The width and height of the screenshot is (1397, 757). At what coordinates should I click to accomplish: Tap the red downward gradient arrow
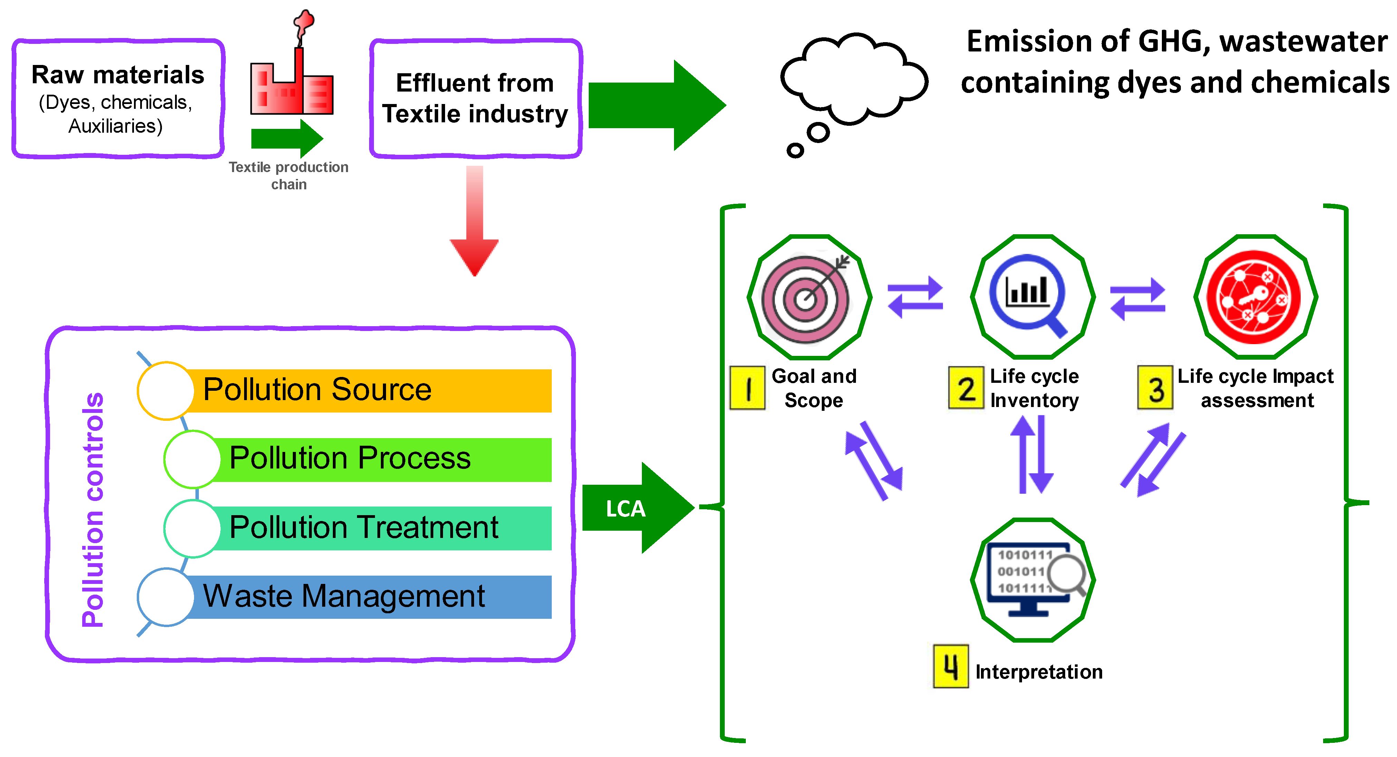[x=474, y=228]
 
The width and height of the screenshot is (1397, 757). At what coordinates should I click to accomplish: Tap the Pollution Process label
[x=350, y=458]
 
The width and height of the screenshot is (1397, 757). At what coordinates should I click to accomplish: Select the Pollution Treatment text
[x=363, y=528]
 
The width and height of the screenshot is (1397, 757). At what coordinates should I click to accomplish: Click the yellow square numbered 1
[x=747, y=388]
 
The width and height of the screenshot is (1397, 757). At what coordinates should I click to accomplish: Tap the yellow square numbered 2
[x=965, y=388]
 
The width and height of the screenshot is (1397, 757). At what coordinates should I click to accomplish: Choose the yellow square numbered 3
[x=1155, y=388]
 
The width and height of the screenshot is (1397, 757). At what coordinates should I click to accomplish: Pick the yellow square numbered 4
[x=950, y=666]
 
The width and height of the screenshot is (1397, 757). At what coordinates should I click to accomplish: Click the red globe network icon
[x=1253, y=297]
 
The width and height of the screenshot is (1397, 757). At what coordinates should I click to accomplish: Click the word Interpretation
[x=1039, y=672]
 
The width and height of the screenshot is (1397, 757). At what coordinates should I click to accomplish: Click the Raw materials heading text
[x=118, y=75]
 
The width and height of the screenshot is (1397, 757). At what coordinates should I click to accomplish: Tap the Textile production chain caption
[x=289, y=175]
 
